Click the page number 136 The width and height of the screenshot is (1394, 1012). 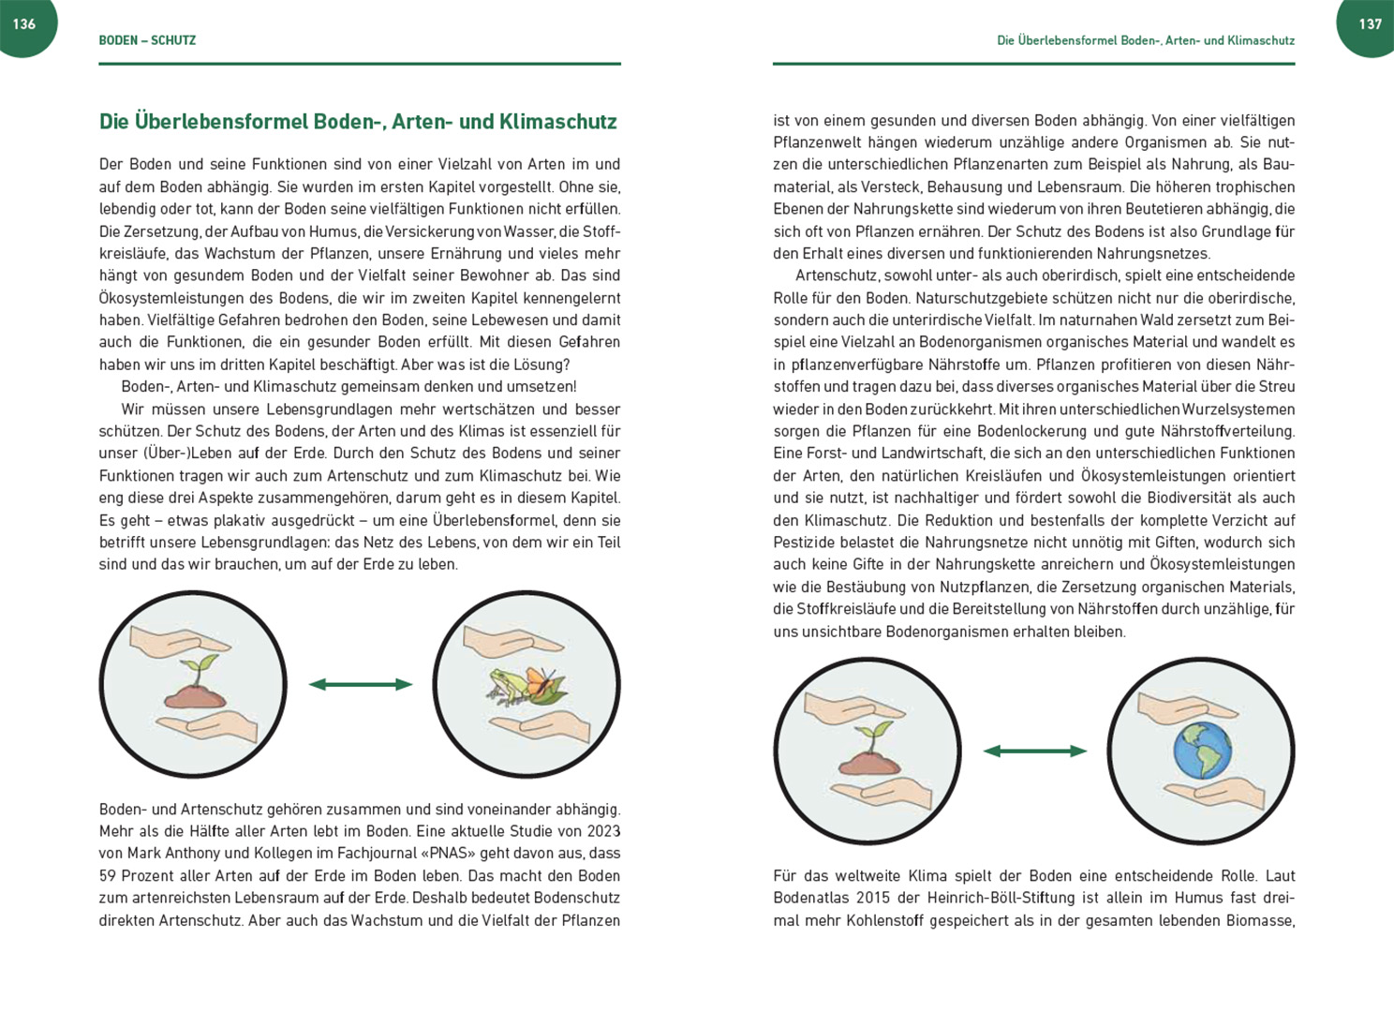click(23, 24)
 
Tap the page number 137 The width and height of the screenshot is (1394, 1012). click(1370, 24)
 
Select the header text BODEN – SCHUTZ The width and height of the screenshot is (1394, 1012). click(147, 40)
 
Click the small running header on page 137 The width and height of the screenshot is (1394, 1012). click(1145, 40)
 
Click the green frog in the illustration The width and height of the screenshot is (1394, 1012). click(506, 685)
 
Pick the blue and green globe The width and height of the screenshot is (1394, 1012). click(1202, 750)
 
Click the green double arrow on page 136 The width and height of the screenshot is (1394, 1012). click(361, 685)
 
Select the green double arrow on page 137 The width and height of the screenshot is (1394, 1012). click(1034, 751)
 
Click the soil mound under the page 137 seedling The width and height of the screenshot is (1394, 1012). click(869, 764)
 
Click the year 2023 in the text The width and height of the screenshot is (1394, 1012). click(603, 831)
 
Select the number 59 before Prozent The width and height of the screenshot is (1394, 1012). click(108, 876)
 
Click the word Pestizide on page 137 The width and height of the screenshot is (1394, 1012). click(805, 543)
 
